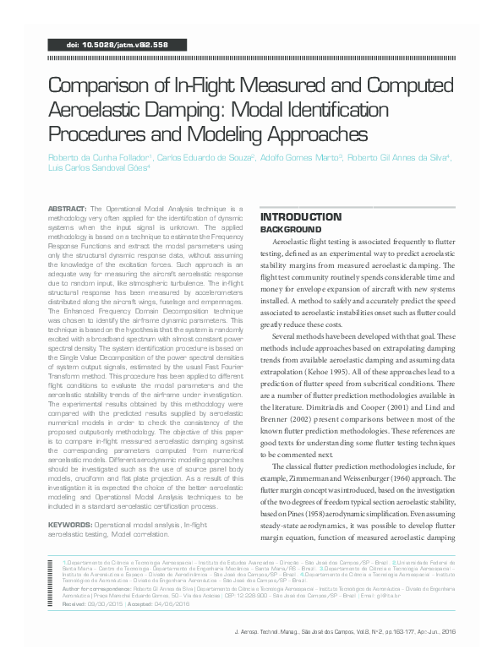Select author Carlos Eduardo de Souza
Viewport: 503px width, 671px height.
[205, 157]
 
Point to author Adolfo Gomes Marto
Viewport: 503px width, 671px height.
[288, 157]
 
